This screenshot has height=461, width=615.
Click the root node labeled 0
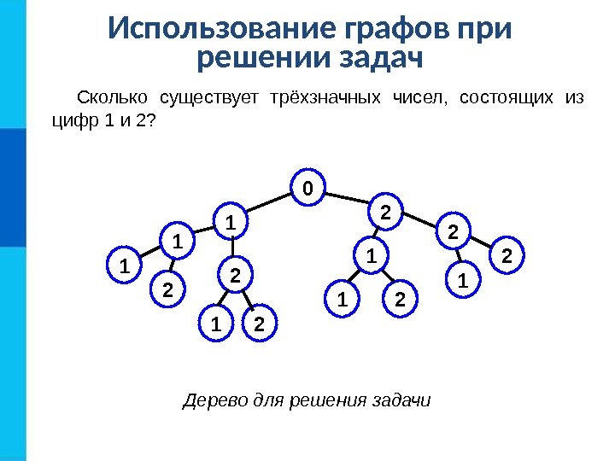[x=308, y=186]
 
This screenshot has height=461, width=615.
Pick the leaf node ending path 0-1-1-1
[x=123, y=264]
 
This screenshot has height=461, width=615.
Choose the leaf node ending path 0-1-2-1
[x=216, y=325]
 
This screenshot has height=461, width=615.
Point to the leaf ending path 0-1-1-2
[x=167, y=290]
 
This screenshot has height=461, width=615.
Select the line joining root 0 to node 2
[x=347, y=199]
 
